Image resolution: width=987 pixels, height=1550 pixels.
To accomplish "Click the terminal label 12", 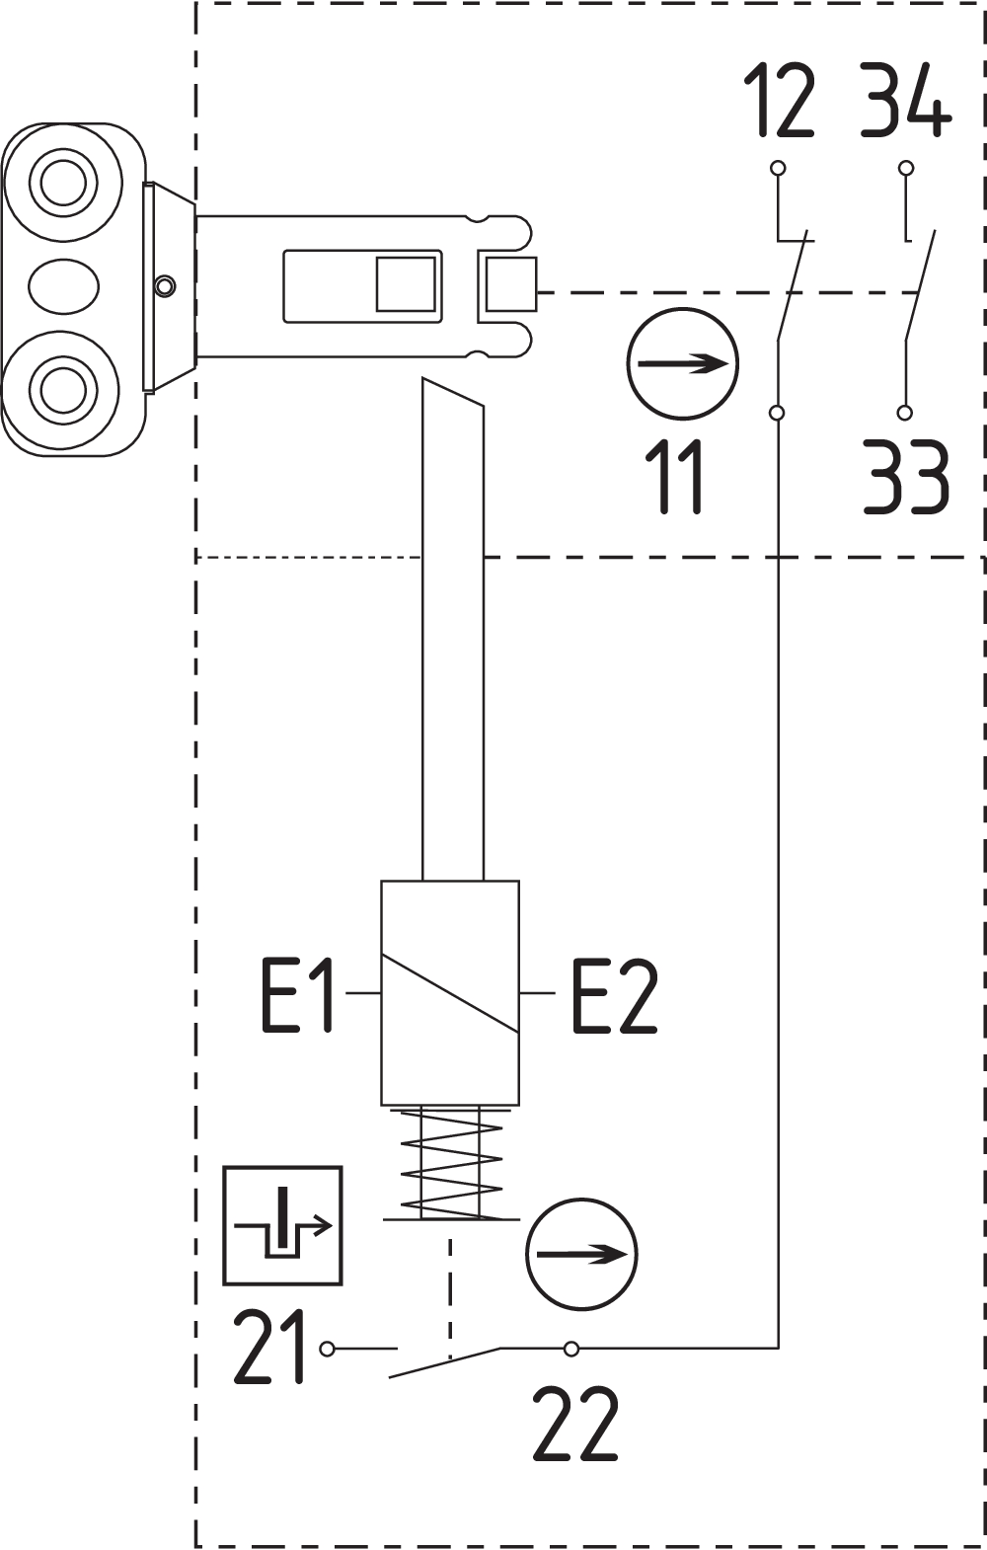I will (779, 100).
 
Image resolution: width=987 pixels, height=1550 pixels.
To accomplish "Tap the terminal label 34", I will (905, 100).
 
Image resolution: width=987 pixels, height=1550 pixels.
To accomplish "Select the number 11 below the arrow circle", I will (678, 477).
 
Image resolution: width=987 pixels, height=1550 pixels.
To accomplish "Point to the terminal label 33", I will (906, 477).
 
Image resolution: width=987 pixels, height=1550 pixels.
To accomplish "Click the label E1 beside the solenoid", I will (297, 995).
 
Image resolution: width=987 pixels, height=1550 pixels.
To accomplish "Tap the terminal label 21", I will (269, 1348).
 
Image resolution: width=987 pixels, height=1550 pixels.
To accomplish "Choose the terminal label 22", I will (575, 1424).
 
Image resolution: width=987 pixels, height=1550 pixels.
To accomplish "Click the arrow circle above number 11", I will (682, 363).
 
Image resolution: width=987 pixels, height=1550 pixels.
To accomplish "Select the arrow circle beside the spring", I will (582, 1254).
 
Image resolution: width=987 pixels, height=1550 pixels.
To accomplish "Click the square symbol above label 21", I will (282, 1225).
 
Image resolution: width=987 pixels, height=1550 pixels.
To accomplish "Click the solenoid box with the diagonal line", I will (450, 992).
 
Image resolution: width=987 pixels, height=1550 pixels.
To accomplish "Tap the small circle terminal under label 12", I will (778, 168).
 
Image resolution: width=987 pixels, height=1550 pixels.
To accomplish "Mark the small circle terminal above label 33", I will (905, 413).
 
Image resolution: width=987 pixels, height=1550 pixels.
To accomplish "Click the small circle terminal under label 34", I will (906, 168).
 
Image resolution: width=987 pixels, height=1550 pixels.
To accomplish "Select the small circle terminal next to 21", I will (328, 1349).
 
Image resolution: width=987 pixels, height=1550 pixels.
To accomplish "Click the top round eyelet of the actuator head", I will (63, 182).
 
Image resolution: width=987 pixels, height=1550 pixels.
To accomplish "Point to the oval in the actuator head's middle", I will (63, 286).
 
